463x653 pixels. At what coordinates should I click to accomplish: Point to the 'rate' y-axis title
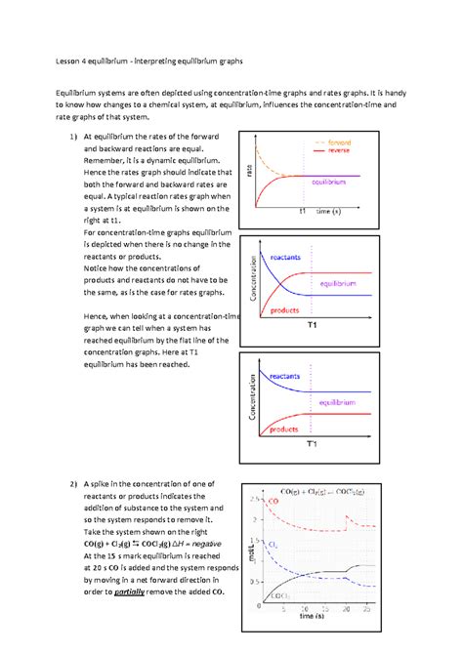tap(250, 173)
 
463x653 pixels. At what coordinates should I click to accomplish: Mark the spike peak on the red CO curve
tap(349, 516)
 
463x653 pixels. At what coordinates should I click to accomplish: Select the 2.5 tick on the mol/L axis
tap(255, 499)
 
